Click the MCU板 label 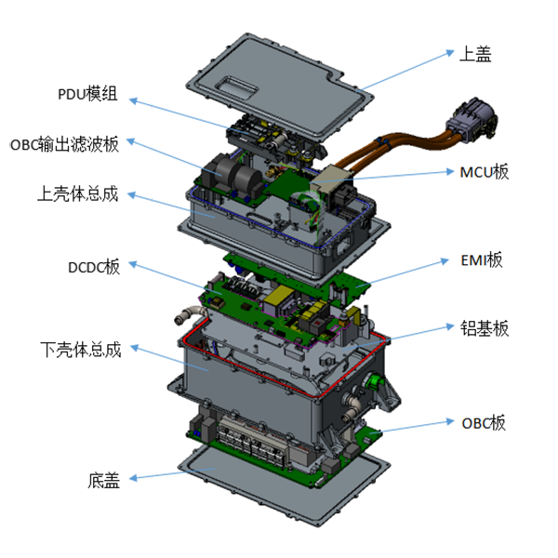(x=485, y=172)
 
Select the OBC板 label (x=484, y=422)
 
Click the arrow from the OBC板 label (x=418, y=427)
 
